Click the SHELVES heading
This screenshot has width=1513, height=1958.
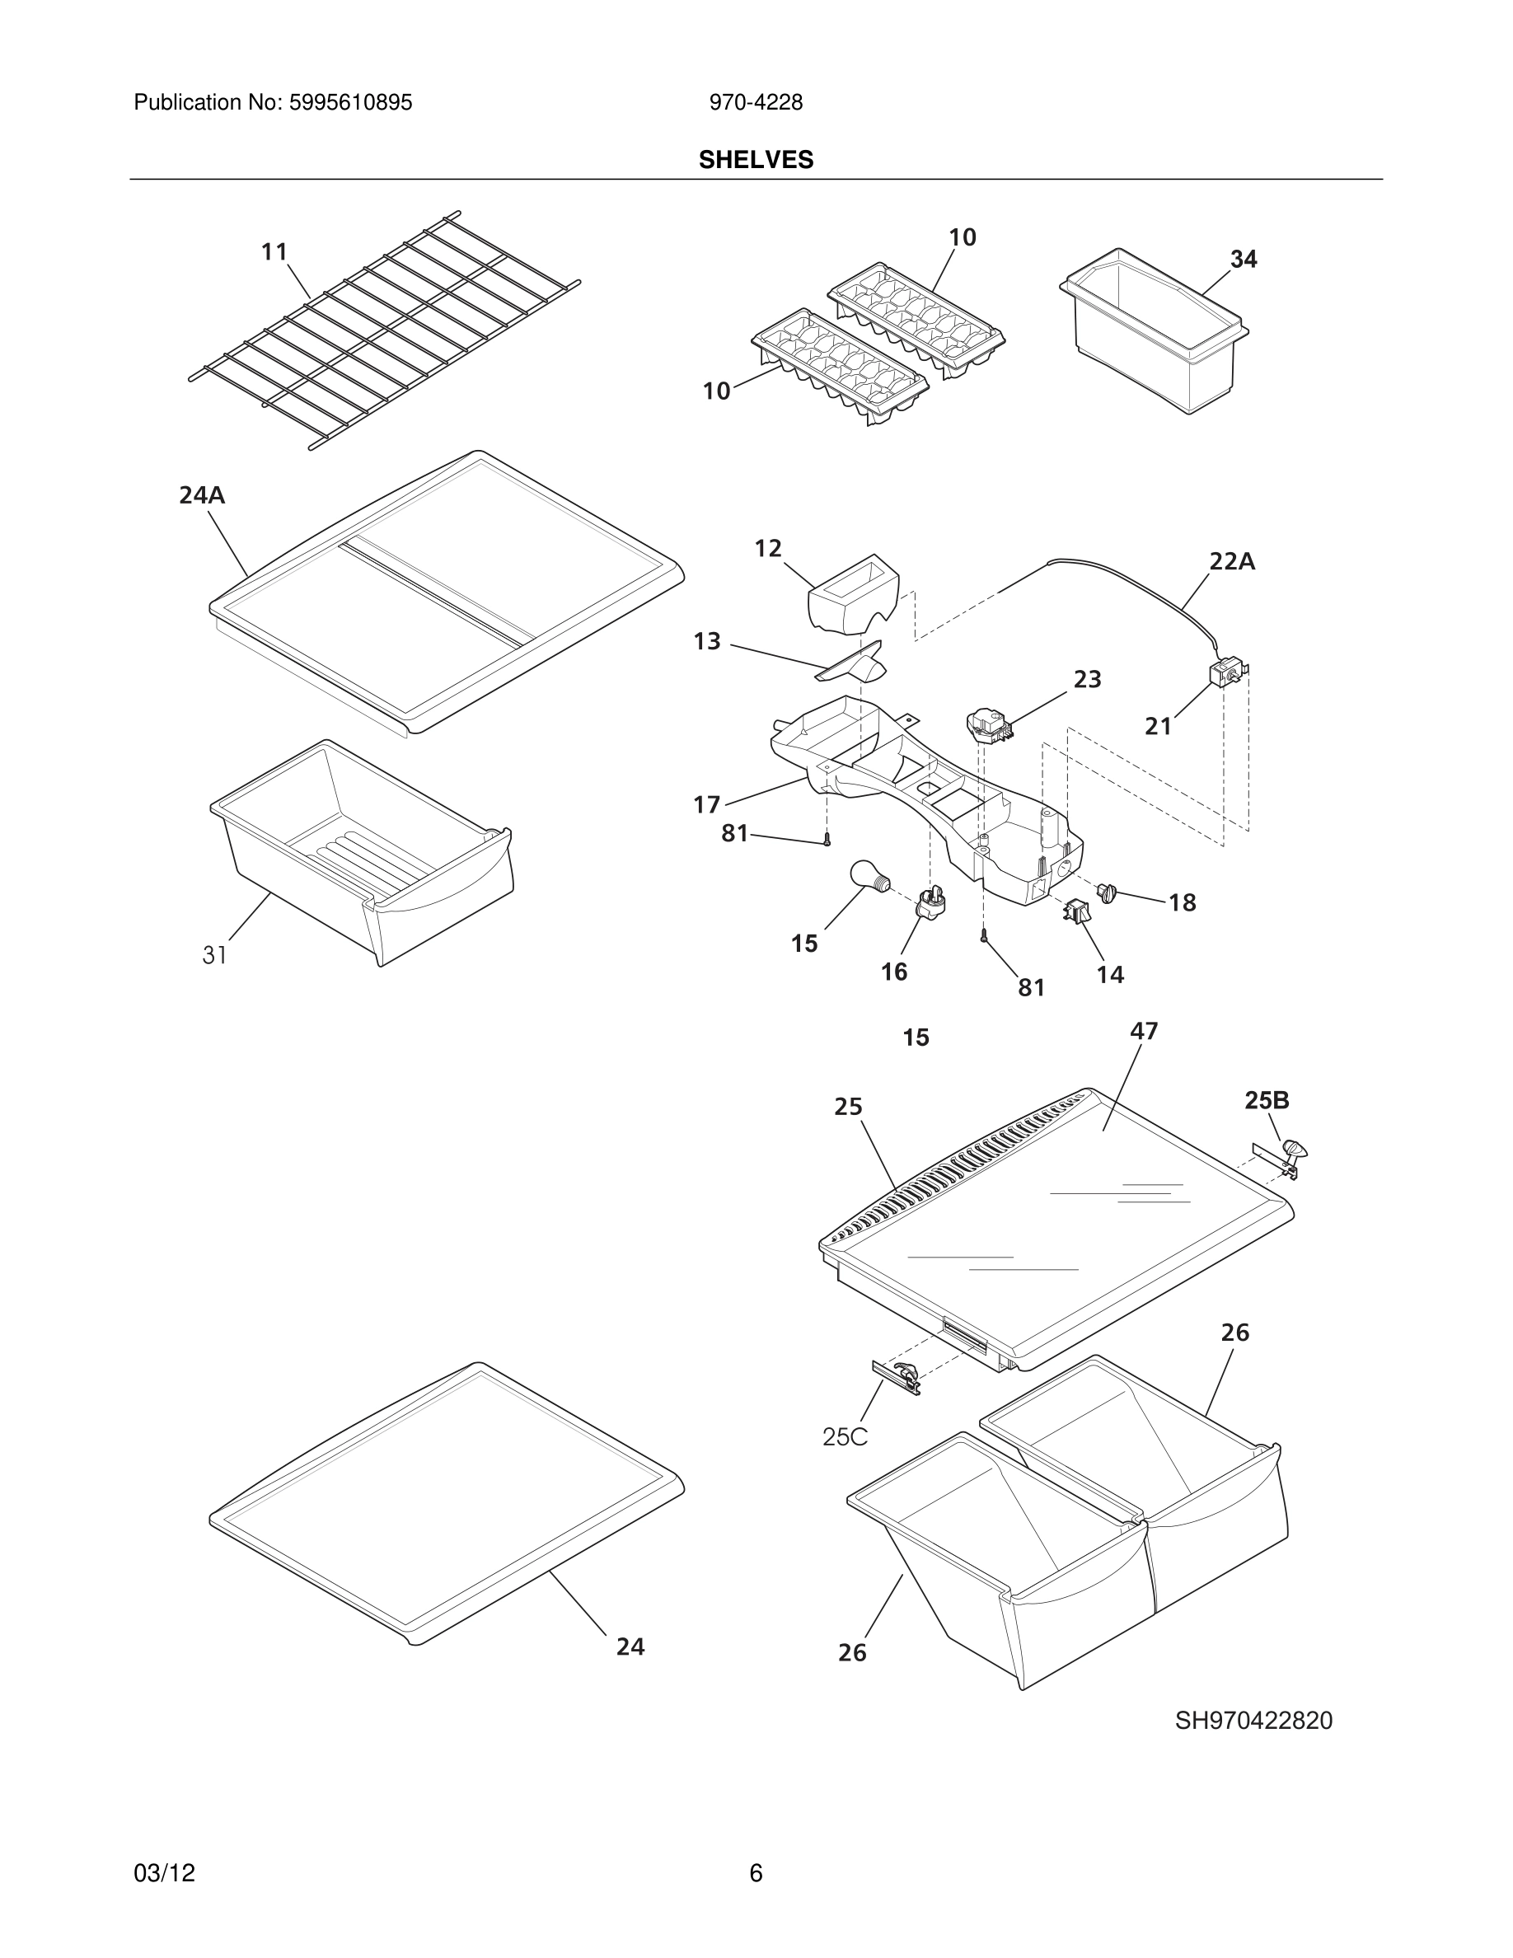[x=756, y=160]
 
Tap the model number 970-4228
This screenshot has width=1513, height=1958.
[x=756, y=103]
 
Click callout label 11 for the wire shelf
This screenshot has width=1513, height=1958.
[x=274, y=252]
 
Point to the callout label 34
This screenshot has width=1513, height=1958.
[x=1244, y=259]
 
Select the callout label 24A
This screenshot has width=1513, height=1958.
[x=202, y=495]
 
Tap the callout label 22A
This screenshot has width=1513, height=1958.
[x=1231, y=562]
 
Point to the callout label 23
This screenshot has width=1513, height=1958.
[x=1087, y=680]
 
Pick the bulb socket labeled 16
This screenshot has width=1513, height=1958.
[x=930, y=904]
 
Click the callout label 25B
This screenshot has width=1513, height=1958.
[x=1267, y=1100]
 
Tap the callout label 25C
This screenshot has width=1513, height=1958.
[x=845, y=1437]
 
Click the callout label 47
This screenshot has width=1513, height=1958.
[x=1144, y=1031]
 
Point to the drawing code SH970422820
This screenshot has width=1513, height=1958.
[x=1253, y=1721]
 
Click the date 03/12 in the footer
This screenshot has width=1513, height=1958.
[x=164, y=1873]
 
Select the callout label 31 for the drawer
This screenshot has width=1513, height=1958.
[x=214, y=956]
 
